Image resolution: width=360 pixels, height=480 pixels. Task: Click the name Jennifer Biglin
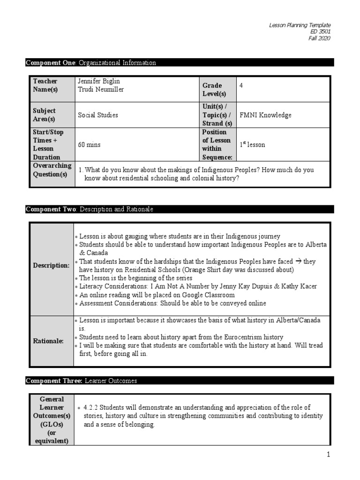[99, 81]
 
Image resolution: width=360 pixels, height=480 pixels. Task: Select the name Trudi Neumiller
[101, 90]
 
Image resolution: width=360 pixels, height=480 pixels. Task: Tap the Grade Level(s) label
[212, 90]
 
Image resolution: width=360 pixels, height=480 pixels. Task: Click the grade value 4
[241, 85]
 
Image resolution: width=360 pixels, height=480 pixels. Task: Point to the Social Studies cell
[98, 115]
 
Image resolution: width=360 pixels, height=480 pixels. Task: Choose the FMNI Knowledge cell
[265, 115]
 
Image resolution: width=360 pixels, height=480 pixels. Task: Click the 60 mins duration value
[89, 145]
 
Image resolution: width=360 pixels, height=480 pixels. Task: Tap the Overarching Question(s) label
[52, 170]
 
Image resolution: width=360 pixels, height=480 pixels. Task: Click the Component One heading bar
[180, 63]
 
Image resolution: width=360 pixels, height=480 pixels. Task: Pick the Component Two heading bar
[180, 210]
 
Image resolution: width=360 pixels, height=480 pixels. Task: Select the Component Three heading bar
[180, 381]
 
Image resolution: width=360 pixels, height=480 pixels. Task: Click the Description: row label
[51, 265]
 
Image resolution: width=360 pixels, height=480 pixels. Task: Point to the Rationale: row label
[48, 341]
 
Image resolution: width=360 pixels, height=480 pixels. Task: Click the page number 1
[329, 454]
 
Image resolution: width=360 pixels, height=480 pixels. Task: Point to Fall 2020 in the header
[319, 38]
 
